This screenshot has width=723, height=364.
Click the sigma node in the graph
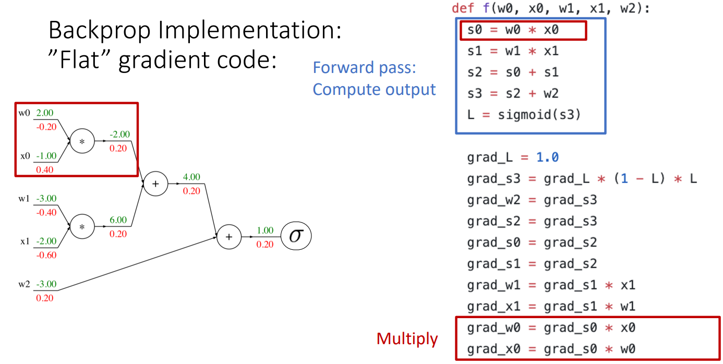click(x=296, y=236)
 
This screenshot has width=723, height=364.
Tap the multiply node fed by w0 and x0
click(x=82, y=141)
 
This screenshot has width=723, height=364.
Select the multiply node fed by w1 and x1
click(x=82, y=226)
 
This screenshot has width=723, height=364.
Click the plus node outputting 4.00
click(x=155, y=184)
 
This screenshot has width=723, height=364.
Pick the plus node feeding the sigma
click(x=228, y=236)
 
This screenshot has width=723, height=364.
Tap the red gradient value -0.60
click(x=46, y=255)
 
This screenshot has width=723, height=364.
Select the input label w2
click(x=25, y=285)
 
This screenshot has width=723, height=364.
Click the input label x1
click(x=25, y=241)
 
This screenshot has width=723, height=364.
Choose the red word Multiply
click(x=407, y=339)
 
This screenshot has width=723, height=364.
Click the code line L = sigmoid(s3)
click(x=524, y=115)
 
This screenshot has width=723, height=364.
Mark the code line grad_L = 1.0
click(x=513, y=157)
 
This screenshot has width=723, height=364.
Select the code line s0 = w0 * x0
click(x=513, y=30)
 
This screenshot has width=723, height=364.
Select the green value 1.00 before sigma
click(x=265, y=230)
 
